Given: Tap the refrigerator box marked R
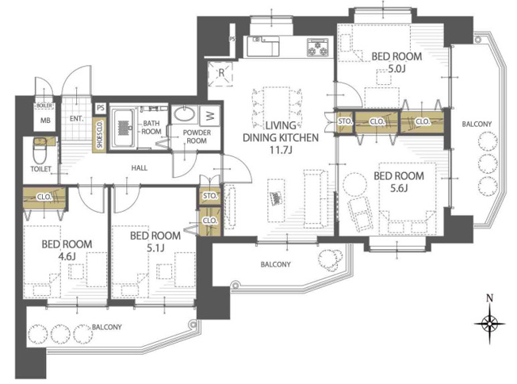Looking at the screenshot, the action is point(220,74).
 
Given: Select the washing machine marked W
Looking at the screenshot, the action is point(210,116).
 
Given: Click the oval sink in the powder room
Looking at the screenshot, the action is point(185,113).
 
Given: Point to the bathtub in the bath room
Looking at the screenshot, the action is point(123,129).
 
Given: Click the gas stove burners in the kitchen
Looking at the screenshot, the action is point(317,47).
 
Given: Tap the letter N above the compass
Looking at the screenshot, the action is point(489,298).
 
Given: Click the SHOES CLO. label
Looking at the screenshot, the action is point(99,135).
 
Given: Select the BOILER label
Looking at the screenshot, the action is point(44,106).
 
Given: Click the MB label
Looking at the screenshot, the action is point(45,121).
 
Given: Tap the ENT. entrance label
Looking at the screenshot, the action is point(76,118).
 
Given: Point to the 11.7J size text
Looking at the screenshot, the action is point(281,151).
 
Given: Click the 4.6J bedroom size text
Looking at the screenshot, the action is point(67,256).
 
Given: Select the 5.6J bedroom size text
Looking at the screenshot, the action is point(399,188).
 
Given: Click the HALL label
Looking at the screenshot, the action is point(139,168).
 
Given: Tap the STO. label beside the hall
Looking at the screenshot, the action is point(209,196).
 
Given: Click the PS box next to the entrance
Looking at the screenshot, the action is point(101,108).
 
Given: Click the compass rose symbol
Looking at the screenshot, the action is point(489,324).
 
